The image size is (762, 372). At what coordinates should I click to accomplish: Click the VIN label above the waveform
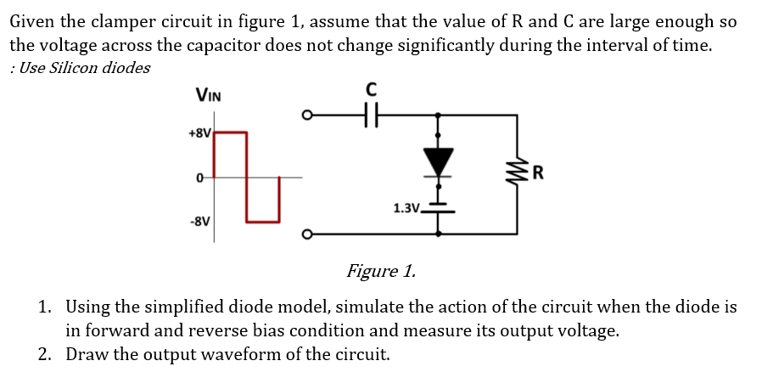pos(209,95)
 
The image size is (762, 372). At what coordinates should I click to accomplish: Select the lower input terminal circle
pos(310,233)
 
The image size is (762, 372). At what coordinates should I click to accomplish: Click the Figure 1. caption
pos(381,272)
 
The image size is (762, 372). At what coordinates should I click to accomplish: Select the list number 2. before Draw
pos(47,354)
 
